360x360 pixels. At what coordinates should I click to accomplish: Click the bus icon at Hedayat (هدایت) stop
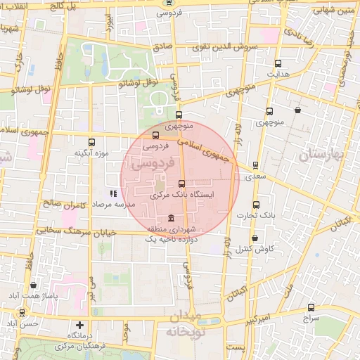[x=278, y=63]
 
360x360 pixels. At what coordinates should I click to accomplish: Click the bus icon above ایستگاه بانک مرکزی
[x=182, y=184]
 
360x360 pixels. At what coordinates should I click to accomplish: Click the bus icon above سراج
[x=311, y=307]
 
